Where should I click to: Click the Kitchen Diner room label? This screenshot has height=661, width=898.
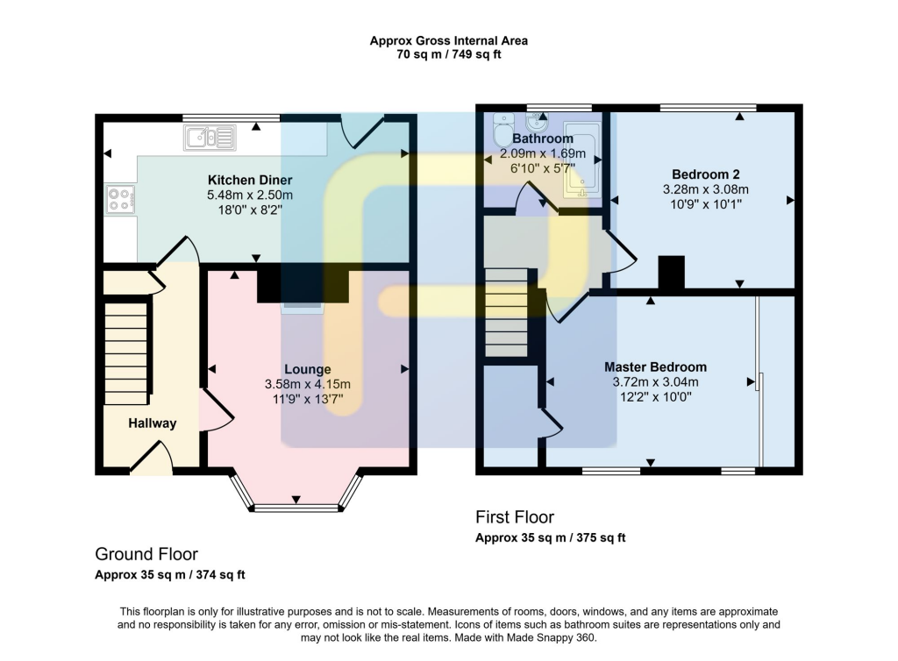pos(250,180)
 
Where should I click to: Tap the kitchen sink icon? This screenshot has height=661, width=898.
pos(210,138)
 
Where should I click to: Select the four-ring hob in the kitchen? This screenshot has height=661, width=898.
pos(120,200)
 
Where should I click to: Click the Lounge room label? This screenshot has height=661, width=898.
pos(307,369)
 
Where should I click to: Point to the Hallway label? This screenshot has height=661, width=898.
pos(153,423)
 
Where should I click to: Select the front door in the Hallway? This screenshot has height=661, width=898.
pos(151,459)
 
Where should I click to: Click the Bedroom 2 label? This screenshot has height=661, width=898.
pos(704,173)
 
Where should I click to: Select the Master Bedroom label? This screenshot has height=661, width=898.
pos(655,366)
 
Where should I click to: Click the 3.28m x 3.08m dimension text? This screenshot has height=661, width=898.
pos(704,189)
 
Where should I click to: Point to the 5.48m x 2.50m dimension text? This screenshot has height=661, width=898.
pos(250,195)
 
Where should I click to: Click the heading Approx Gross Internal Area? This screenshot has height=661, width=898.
pos(448,40)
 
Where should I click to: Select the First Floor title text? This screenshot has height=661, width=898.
pos(515,517)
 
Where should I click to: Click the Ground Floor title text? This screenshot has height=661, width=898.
pos(146,554)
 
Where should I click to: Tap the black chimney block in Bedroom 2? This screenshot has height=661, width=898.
pos(671,272)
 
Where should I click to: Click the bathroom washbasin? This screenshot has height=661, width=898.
pos(534,123)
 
